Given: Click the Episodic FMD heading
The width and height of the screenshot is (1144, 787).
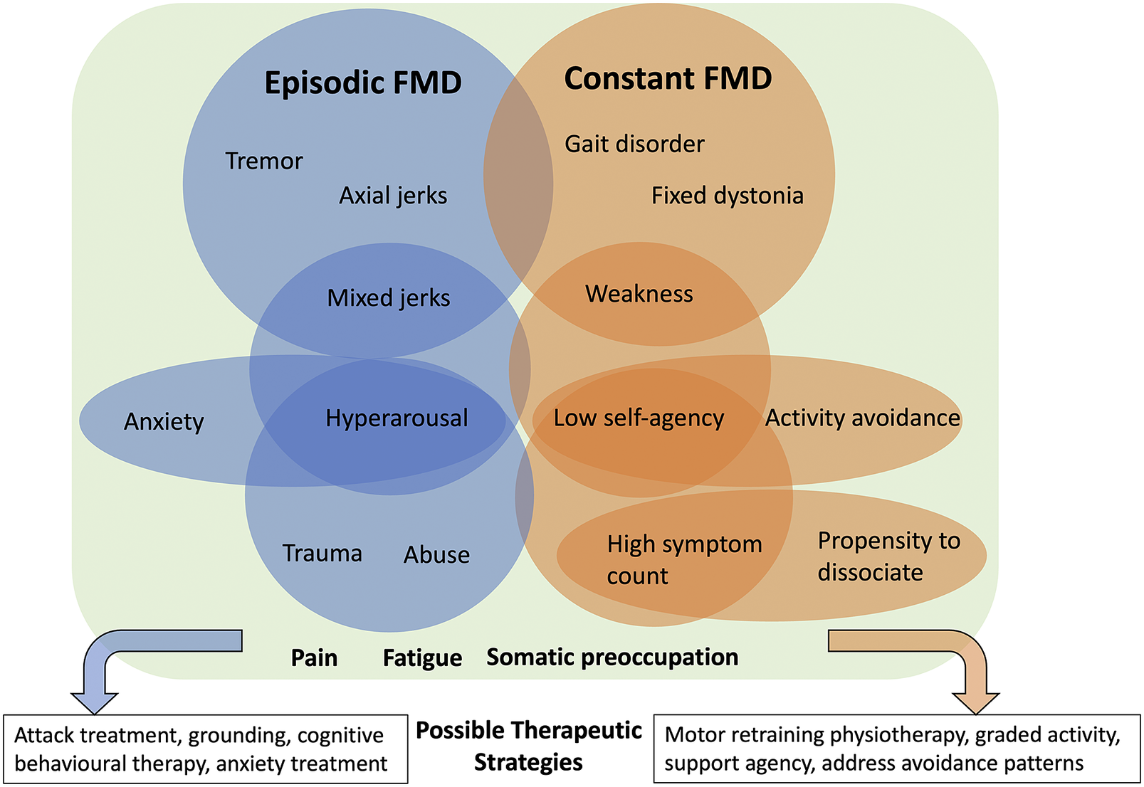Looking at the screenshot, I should (x=363, y=83).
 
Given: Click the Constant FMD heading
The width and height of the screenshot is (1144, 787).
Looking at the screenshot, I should (x=668, y=78).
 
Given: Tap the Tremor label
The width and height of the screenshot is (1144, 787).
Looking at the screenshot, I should (x=264, y=161).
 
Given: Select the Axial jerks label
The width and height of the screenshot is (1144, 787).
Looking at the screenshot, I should (x=393, y=196).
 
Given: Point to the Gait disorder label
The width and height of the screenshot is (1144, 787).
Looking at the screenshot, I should (x=634, y=144).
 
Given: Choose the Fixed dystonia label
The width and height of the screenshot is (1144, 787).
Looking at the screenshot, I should (x=727, y=196).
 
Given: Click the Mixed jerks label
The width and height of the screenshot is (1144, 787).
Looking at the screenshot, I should (x=389, y=297).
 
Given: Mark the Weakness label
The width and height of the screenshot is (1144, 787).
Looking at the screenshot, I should (x=639, y=294).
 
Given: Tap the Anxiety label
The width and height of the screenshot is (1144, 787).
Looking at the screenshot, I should (x=164, y=421).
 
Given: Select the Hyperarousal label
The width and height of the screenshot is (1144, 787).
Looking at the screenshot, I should (x=397, y=418).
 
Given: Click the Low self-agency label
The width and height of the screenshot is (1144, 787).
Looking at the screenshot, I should (x=639, y=418).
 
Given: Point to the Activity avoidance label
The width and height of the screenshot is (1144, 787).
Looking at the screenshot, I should (x=862, y=418).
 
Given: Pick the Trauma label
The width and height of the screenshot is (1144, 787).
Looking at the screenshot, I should (x=322, y=553).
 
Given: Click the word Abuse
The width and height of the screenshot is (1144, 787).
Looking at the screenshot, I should (x=436, y=554).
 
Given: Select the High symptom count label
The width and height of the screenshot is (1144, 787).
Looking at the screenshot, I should (x=683, y=559).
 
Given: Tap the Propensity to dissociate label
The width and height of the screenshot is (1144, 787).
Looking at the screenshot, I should (x=888, y=556).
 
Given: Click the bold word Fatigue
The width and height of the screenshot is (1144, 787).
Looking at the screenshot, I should (x=422, y=657).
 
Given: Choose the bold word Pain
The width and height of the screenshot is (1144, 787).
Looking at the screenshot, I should (x=314, y=657).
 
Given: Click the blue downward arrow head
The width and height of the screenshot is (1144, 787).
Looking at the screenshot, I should (x=94, y=701).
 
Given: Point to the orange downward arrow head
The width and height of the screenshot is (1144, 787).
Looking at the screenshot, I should (x=975, y=701).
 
